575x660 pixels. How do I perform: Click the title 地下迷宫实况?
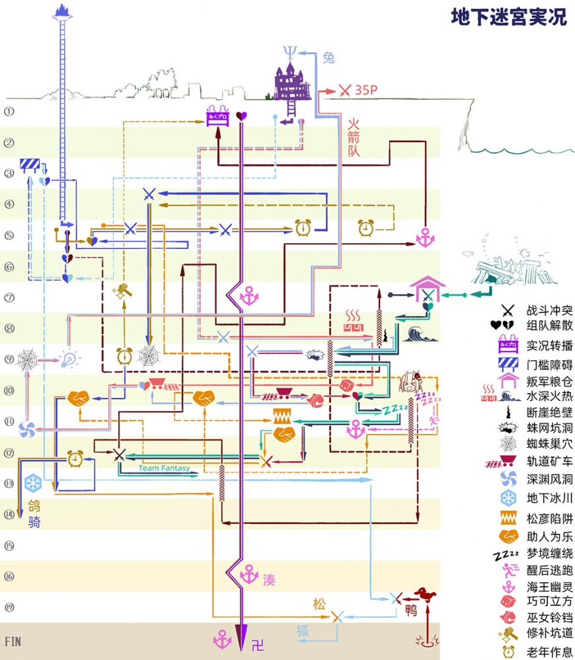509,18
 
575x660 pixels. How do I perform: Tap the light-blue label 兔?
328,58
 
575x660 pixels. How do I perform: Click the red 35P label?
366,90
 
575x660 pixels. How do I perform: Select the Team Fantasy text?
164,468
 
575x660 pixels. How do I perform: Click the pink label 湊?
269,580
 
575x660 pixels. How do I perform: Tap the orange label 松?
319,604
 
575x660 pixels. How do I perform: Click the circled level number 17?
9,606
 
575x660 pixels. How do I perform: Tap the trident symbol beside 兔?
289,53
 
